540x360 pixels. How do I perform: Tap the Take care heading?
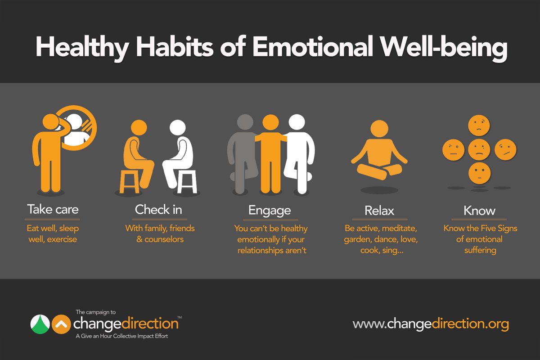53,209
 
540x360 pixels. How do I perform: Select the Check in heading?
159,209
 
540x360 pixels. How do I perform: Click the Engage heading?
270,210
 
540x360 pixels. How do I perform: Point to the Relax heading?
379,210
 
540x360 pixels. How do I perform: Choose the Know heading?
480,210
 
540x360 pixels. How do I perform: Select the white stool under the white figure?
187,181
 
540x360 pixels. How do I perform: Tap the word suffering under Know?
480,250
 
